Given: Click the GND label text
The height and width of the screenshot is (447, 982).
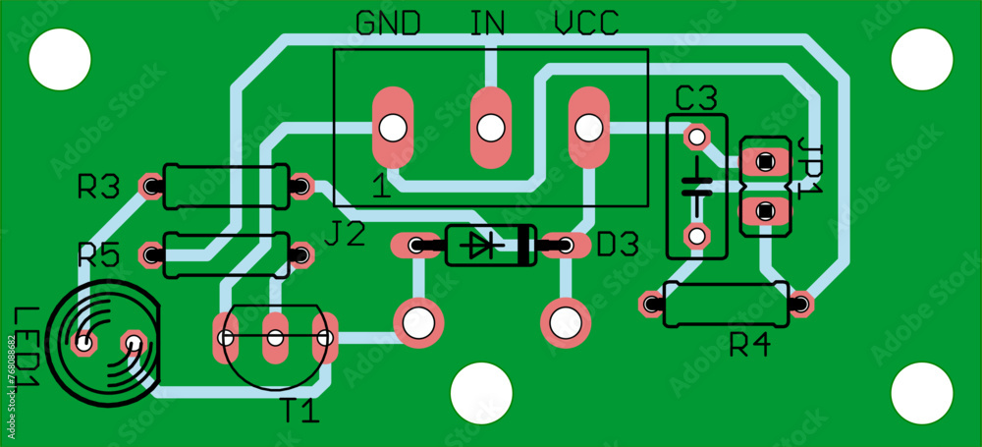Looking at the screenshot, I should [x=389, y=24].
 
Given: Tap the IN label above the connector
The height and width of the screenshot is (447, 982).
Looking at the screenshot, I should [x=487, y=24].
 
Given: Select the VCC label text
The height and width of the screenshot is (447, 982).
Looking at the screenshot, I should [x=587, y=24].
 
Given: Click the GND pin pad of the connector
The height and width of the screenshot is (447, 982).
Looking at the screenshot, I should [x=393, y=127].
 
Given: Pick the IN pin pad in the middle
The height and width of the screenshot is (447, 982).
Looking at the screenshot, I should [x=490, y=127].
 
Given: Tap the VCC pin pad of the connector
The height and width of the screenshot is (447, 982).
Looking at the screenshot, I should [x=588, y=127].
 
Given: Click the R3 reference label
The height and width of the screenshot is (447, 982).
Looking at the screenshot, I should [x=98, y=187].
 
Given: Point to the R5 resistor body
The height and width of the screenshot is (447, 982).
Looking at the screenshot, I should [x=226, y=255].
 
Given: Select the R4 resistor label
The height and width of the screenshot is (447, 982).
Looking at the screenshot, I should [x=751, y=345].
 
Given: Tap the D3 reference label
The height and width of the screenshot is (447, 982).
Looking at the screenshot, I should [x=618, y=245].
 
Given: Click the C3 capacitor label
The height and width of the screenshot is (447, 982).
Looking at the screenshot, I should [x=696, y=98].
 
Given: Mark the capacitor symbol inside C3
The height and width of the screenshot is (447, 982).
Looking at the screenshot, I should [x=697, y=185].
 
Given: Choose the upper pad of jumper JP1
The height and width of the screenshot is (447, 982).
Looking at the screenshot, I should [x=765, y=159].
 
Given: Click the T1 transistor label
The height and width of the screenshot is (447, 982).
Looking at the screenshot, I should [x=300, y=411].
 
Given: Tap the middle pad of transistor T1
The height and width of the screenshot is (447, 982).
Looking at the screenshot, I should [x=275, y=338].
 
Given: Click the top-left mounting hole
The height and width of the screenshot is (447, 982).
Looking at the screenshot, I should [x=60, y=59].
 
